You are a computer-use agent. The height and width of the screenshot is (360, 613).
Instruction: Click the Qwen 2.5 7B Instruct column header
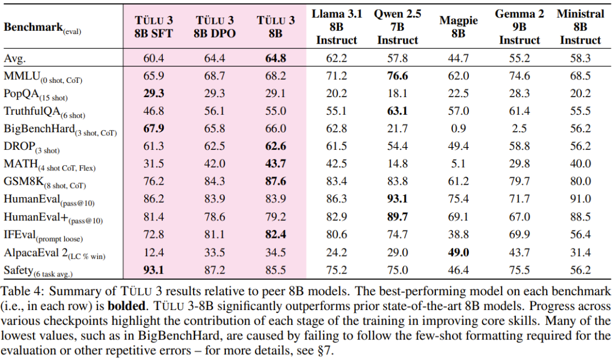[397, 27]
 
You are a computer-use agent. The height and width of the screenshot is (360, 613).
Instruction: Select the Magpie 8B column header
[459, 27]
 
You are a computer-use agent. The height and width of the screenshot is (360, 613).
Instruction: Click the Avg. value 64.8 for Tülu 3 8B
[275, 58]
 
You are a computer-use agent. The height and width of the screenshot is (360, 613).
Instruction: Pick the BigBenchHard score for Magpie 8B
[459, 129]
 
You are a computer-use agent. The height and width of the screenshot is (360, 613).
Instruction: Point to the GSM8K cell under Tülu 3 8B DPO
[214, 181]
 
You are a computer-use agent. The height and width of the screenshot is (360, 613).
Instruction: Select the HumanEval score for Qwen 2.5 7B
[397, 199]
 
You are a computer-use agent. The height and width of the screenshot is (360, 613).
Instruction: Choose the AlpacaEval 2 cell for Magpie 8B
[459, 252]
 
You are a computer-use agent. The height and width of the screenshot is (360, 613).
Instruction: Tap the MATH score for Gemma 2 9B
[519, 164]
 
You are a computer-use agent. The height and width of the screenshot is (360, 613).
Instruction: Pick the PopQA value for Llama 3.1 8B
[337, 94]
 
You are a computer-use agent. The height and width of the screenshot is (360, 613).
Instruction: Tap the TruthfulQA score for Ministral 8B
[580, 111]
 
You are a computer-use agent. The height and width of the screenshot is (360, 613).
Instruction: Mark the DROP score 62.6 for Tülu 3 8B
[275, 146]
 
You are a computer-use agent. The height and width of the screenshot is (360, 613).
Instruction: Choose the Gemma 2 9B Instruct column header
[519, 27]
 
